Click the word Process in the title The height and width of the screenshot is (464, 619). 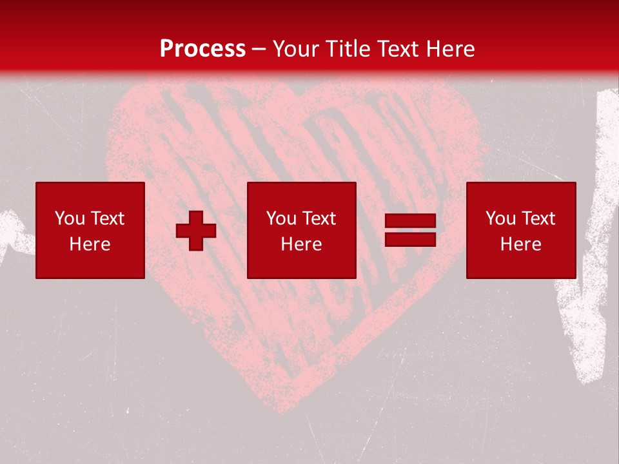pyautogui.click(x=202, y=49)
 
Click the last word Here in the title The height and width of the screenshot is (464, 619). pyautogui.click(x=451, y=49)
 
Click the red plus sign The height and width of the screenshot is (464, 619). pyautogui.click(x=196, y=231)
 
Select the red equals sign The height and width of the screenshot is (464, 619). pyautogui.click(x=410, y=230)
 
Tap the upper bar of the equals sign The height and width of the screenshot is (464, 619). pyautogui.click(x=410, y=221)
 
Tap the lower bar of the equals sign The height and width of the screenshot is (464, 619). pyautogui.click(x=410, y=239)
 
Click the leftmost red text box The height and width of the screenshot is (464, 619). pyautogui.click(x=90, y=230)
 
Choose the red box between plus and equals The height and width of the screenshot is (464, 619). pyautogui.click(x=302, y=230)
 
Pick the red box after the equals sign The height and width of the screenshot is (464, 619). pyautogui.click(x=521, y=230)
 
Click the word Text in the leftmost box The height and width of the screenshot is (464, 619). pyautogui.click(x=107, y=218)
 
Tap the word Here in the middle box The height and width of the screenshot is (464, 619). pyautogui.click(x=302, y=244)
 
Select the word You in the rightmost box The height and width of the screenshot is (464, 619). pyautogui.click(x=500, y=218)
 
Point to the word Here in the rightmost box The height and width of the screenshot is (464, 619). pyautogui.click(x=521, y=244)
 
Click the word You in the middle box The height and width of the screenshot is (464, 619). pyautogui.click(x=281, y=218)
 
